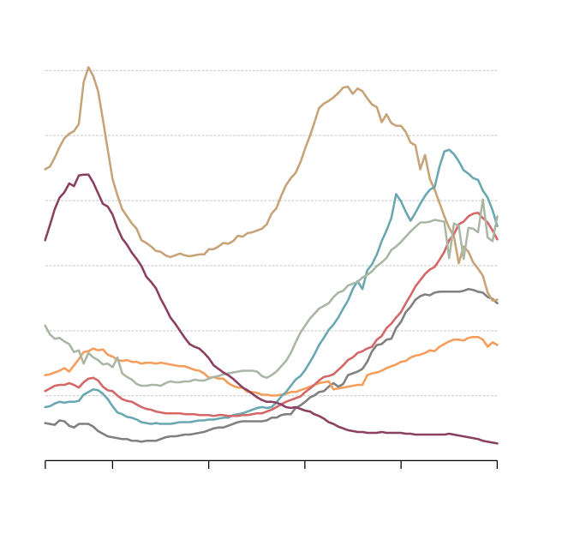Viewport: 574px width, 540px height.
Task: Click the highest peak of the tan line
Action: click(88, 67)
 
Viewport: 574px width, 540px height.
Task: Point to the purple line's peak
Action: click(85, 174)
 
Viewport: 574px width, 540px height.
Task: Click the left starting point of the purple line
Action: click(45, 240)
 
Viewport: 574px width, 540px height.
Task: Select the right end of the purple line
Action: click(497, 443)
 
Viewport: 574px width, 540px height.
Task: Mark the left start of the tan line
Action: click(45, 169)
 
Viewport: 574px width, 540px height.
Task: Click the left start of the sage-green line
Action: click(45, 326)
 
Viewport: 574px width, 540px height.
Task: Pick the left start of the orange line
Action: click(45, 375)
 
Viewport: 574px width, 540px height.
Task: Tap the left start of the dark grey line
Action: click(45, 423)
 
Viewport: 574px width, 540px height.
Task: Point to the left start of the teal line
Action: click(45, 407)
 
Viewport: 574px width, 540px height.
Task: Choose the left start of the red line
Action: click(45, 391)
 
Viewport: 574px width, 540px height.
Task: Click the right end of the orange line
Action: click(497, 345)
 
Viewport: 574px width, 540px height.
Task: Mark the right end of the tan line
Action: click(497, 300)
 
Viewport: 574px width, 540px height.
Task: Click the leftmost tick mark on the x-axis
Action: click(45, 464)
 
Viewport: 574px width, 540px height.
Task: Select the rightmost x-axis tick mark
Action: click(497, 464)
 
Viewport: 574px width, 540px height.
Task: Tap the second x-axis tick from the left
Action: click(112, 464)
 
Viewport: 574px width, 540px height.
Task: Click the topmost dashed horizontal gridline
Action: click(271, 70)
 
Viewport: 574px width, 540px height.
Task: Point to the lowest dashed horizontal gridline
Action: click(271, 395)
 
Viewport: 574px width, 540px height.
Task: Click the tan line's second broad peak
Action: click(346, 87)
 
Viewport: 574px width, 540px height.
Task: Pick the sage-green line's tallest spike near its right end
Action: click(483, 199)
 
